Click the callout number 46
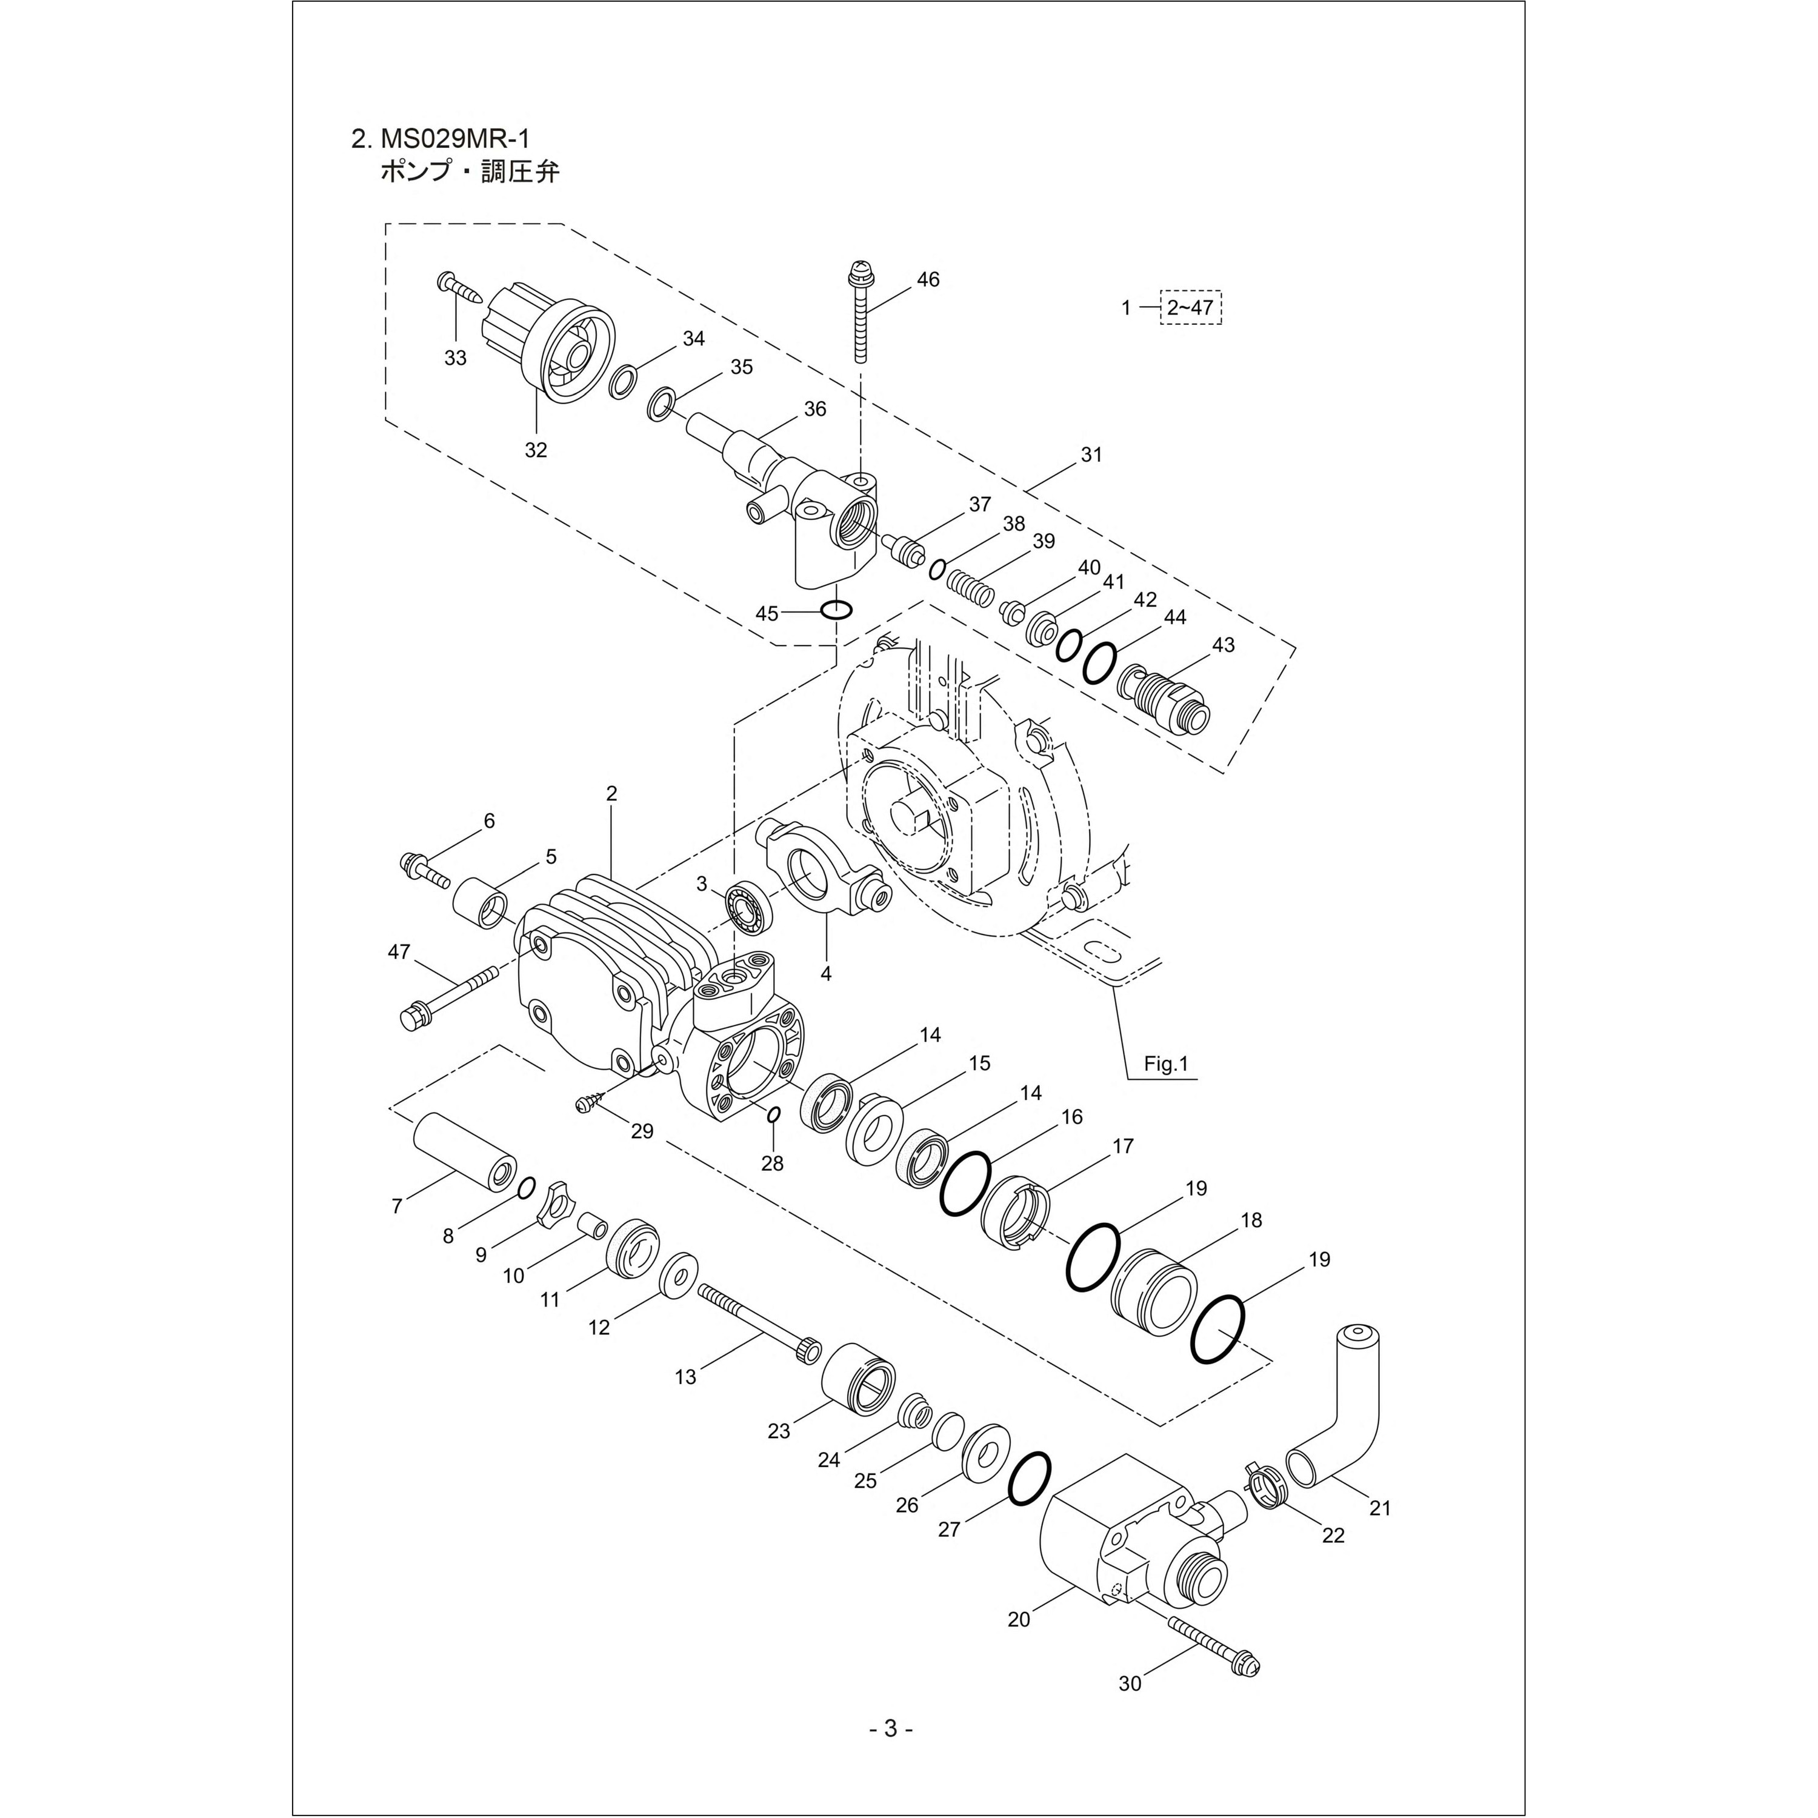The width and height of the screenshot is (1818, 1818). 928,279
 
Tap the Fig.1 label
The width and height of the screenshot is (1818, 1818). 1167,1064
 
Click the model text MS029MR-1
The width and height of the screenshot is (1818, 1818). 456,138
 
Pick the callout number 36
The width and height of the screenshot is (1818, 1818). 815,408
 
